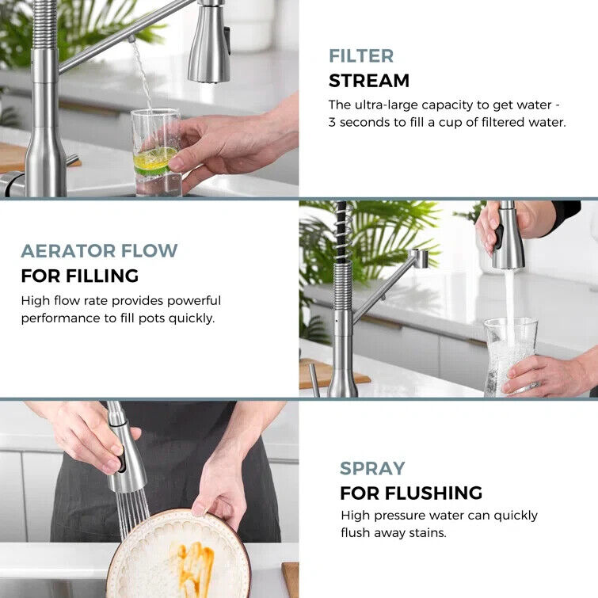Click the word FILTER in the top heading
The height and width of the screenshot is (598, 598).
tap(361, 56)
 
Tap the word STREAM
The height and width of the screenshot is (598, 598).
tap(369, 81)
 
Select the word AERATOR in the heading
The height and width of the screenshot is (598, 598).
tap(68, 251)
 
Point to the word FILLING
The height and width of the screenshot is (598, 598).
tap(102, 276)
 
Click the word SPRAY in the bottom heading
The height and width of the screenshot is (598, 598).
tap(372, 468)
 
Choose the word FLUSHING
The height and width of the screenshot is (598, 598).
tap(433, 493)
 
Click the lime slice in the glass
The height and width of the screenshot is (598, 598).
tap(154, 161)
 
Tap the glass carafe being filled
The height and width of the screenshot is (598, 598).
tap(510, 356)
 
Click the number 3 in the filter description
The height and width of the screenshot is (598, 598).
tap(332, 123)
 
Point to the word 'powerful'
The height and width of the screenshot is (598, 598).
tap(194, 301)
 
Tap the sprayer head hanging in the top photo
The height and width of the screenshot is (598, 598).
tap(209, 41)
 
